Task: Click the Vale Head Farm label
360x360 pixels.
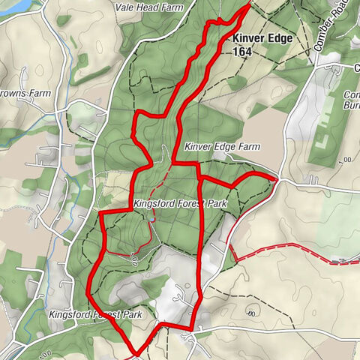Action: [150, 7]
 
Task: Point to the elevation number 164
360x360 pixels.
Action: [242, 52]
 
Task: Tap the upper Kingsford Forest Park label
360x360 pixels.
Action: [179, 203]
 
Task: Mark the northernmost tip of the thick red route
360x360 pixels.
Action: [248, 5]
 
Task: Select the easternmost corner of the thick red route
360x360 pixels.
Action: [277, 179]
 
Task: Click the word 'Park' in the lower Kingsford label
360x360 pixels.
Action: [129, 314]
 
